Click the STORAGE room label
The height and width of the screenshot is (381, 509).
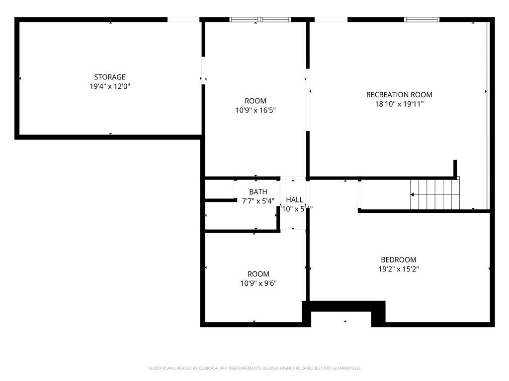coord(110,77)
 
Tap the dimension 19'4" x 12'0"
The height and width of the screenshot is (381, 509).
coord(110,86)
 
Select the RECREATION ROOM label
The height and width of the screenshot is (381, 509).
coord(399,95)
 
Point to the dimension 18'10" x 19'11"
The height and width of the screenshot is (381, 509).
coord(399,104)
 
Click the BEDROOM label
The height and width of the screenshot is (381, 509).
coord(398,259)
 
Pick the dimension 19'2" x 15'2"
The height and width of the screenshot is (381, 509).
coord(398,269)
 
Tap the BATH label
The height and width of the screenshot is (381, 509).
coord(258,192)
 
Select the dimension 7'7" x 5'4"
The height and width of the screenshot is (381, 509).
coord(258,201)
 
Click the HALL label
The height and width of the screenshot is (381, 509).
coord(294,200)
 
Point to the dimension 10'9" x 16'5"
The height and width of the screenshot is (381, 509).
coord(255,111)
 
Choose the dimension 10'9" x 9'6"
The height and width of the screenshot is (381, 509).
coord(258,283)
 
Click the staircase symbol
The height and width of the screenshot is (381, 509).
coord(435,194)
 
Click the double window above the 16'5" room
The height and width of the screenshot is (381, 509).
coord(260,20)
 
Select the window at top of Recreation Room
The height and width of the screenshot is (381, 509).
coord(422,20)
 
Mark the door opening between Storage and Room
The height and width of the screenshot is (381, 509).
coord(203,71)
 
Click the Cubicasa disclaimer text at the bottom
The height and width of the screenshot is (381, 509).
coord(254,368)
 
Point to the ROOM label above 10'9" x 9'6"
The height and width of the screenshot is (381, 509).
coord(258,274)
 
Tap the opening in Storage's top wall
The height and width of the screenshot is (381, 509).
coord(183,20)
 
